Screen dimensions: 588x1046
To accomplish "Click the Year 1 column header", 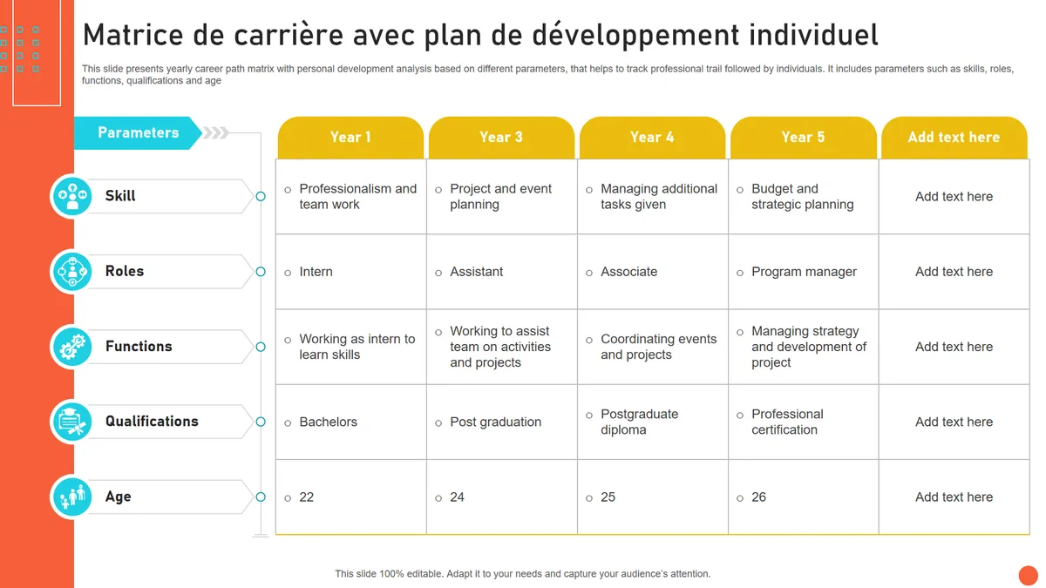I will click(350, 138).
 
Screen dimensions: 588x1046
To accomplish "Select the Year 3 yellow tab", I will click(501, 138).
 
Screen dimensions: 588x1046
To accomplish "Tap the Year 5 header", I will click(803, 138).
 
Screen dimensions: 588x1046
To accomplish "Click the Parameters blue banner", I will click(138, 132).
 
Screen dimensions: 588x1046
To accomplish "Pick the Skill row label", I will click(120, 196).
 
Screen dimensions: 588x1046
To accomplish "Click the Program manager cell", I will click(804, 272).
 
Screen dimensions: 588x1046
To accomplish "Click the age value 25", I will click(608, 497).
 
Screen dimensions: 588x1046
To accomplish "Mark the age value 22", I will click(306, 497).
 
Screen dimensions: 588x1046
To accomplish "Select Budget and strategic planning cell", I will click(802, 197).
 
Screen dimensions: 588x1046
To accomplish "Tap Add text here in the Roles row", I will click(954, 272).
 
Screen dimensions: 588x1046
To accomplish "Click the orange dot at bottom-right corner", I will click(1028, 575).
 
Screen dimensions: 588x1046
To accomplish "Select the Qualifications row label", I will click(152, 422).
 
